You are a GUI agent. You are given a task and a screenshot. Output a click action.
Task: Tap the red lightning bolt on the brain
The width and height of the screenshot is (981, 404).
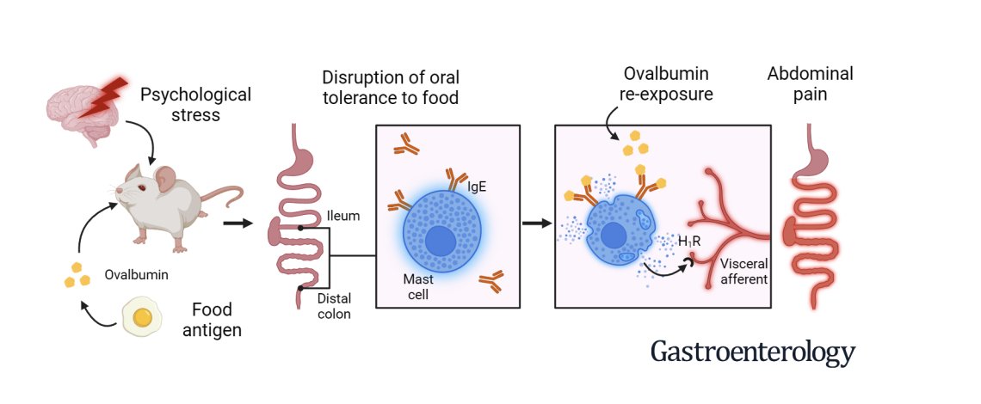[x=109, y=95]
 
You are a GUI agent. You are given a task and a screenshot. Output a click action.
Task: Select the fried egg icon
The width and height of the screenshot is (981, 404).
[x=142, y=317]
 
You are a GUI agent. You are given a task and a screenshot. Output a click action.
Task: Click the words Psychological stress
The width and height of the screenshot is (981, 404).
[x=196, y=104]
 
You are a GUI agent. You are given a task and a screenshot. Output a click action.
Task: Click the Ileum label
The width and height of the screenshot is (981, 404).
[x=342, y=216]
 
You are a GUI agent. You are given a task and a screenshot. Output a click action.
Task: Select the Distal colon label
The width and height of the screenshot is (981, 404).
[x=334, y=306]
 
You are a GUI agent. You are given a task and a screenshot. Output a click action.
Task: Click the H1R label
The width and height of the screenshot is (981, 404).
[x=689, y=242]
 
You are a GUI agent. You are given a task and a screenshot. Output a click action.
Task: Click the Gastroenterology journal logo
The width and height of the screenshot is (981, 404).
[x=753, y=352]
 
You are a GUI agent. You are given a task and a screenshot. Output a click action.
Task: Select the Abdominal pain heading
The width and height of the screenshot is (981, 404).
[x=810, y=84]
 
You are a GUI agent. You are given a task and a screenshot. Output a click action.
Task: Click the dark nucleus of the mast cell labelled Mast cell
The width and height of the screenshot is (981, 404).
[x=441, y=240]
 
